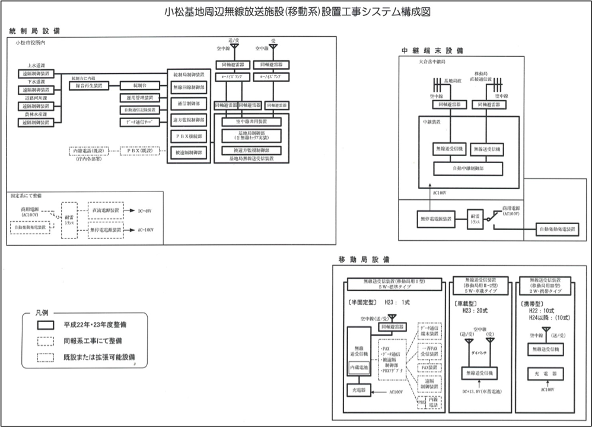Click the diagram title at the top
pos(297,11)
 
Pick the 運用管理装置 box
pos(139,97)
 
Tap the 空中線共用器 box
pos(252,121)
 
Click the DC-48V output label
pos(145,211)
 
